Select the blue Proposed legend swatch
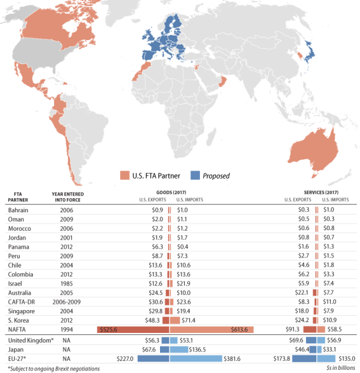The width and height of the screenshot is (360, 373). pyautogui.click(x=195, y=175)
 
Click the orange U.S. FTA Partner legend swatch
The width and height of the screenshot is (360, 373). pyautogui.click(x=124, y=175)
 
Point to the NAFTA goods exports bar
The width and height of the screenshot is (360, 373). pyautogui.click(x=133, y=329)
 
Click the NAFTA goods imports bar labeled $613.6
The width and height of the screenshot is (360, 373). pyautogui.click(x=211, y=329)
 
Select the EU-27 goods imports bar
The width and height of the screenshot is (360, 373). pyautogui.click(x=196, y=358)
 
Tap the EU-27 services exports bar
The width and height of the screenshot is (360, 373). pyautogui.click(x=304, y=358)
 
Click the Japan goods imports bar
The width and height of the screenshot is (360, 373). pyautogui.click(x=179, y=349)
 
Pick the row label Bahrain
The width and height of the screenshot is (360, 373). pyautogui.click(x=18, y=210)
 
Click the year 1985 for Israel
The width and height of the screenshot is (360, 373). pyautogui.click(x=67, y=283)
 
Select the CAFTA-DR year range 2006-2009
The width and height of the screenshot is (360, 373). pyautogui.click(x=67, y=302)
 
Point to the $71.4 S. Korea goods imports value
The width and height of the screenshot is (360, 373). pyautogui.click(x=189, y=320)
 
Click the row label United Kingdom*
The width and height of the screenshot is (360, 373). pyautogui.click(x=30, y=341)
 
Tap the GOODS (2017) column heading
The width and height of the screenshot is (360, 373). pyautogui.click(x=171, y=192)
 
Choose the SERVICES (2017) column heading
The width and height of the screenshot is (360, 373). pyautogui.click(x=321, y=192)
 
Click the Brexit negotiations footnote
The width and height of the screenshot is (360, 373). pyautogui.click(x=54, y=369)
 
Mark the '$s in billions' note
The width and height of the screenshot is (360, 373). pyautogui.click(x=340, y=368)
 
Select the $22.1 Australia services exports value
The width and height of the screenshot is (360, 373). pyautogui.click(x=302, y=292)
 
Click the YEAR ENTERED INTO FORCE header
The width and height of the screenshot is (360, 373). pyautogui.click(x=68, y=197)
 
